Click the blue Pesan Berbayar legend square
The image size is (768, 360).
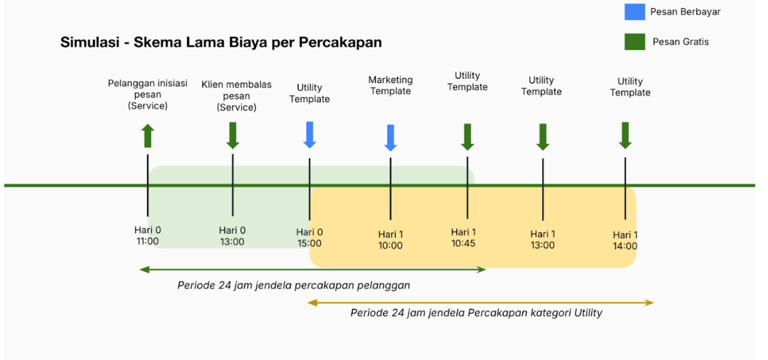coord(634,12)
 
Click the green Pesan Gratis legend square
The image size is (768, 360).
coord(634,42)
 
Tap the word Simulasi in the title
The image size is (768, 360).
coord(90,42)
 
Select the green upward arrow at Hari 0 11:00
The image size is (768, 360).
coord(148,135)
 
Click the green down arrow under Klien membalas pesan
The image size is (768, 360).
coord(233,135)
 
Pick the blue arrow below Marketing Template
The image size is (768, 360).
coord(390,138)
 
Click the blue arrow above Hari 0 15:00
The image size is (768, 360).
coord(310,135)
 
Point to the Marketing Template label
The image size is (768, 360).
coord(390,85)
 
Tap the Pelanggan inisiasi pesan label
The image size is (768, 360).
coord(148,94)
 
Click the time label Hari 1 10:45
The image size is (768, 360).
coord(463,238)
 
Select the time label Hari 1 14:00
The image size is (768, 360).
coord(625,240)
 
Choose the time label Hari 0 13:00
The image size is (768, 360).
coord(232,236)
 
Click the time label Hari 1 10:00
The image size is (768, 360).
coord(390,240)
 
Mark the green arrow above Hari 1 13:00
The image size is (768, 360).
coord(543,137)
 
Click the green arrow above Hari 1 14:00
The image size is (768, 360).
coord(625,135)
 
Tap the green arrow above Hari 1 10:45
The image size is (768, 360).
coord(467,137)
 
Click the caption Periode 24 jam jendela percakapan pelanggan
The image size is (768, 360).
coord(294,285)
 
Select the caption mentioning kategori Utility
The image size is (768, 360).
coord(476,312)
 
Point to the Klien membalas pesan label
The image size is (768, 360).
coord(236,96)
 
